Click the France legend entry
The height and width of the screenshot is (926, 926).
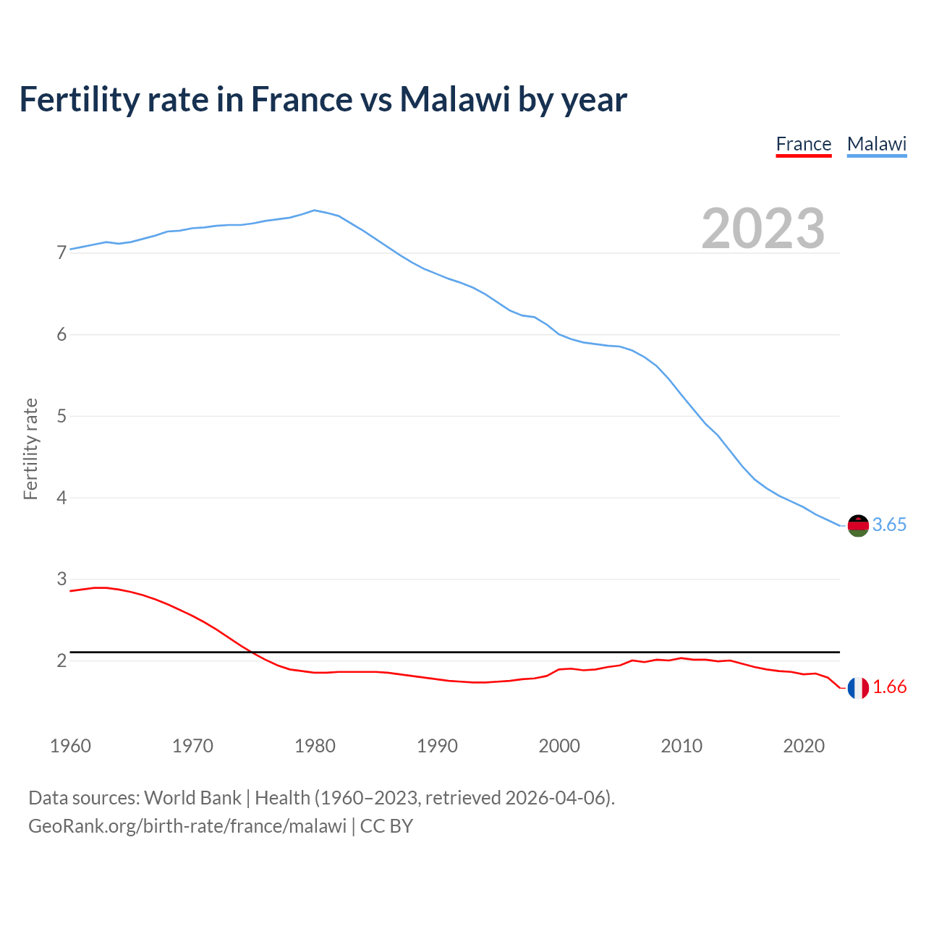point(803,144)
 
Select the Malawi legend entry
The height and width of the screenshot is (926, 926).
point(876,144)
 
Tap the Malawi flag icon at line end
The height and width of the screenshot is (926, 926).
point(858,525)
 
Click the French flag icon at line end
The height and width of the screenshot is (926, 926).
point(858,688)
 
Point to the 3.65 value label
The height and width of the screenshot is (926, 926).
point(889,525)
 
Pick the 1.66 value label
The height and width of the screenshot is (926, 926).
point(889,687)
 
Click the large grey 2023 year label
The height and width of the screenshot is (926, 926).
point(763,229)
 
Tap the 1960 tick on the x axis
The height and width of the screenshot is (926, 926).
point(70,746)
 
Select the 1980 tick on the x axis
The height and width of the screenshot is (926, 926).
point(315,746)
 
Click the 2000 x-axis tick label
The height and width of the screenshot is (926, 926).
point(559,746)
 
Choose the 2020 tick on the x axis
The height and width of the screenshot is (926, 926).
point(804,746)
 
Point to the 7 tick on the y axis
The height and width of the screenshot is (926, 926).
point(61,253)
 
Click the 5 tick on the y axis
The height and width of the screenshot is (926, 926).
point(61,417)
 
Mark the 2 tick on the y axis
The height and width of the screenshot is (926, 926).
point(61,661)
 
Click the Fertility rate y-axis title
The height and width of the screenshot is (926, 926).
point(30,449)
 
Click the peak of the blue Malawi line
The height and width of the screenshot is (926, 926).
point(314,211)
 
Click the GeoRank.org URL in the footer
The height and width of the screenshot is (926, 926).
point(187,826)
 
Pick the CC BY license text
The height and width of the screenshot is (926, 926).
point(386,826)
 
